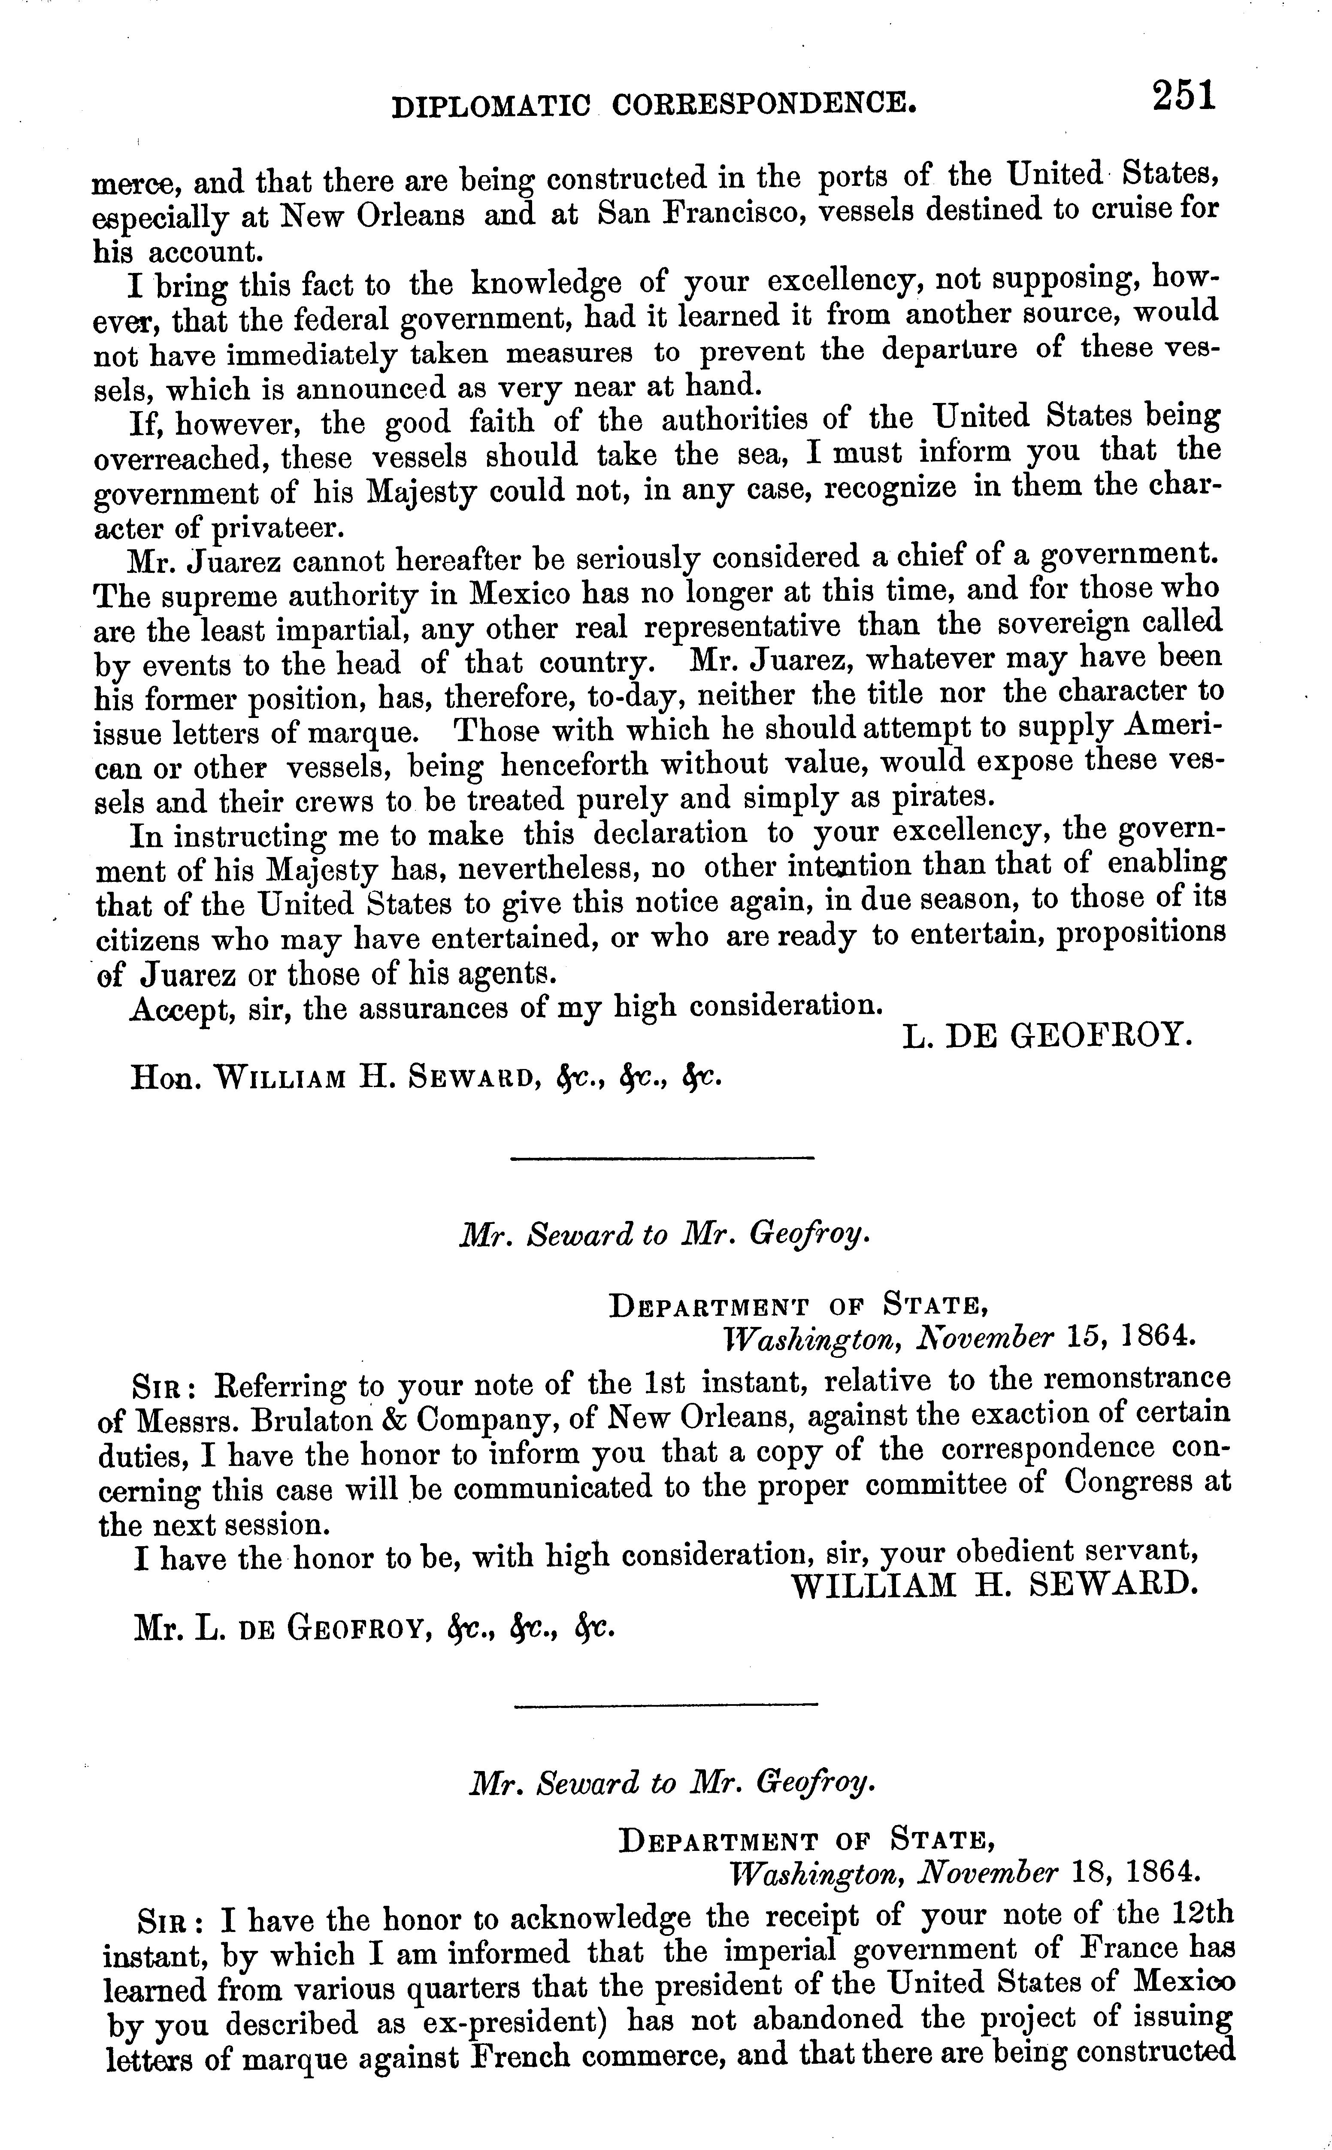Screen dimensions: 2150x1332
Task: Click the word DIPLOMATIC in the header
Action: click(x=490, y=106)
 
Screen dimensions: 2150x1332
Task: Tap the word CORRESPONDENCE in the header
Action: click(x=763, y=105)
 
